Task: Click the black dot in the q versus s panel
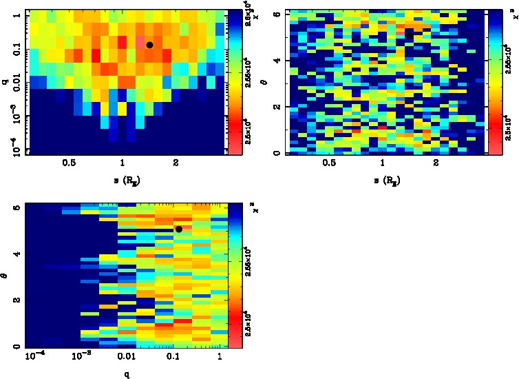pos(149,45)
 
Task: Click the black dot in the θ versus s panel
pos(410,35)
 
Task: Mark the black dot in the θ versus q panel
pos(179,229)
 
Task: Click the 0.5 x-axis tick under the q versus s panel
pos(69,163)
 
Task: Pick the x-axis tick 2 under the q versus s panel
pos(176,163)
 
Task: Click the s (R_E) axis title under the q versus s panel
pos(123,180)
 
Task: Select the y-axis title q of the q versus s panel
pos(6,81)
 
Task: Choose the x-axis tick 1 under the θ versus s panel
pos(382,163)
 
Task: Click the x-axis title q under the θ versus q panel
pos(126,374)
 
